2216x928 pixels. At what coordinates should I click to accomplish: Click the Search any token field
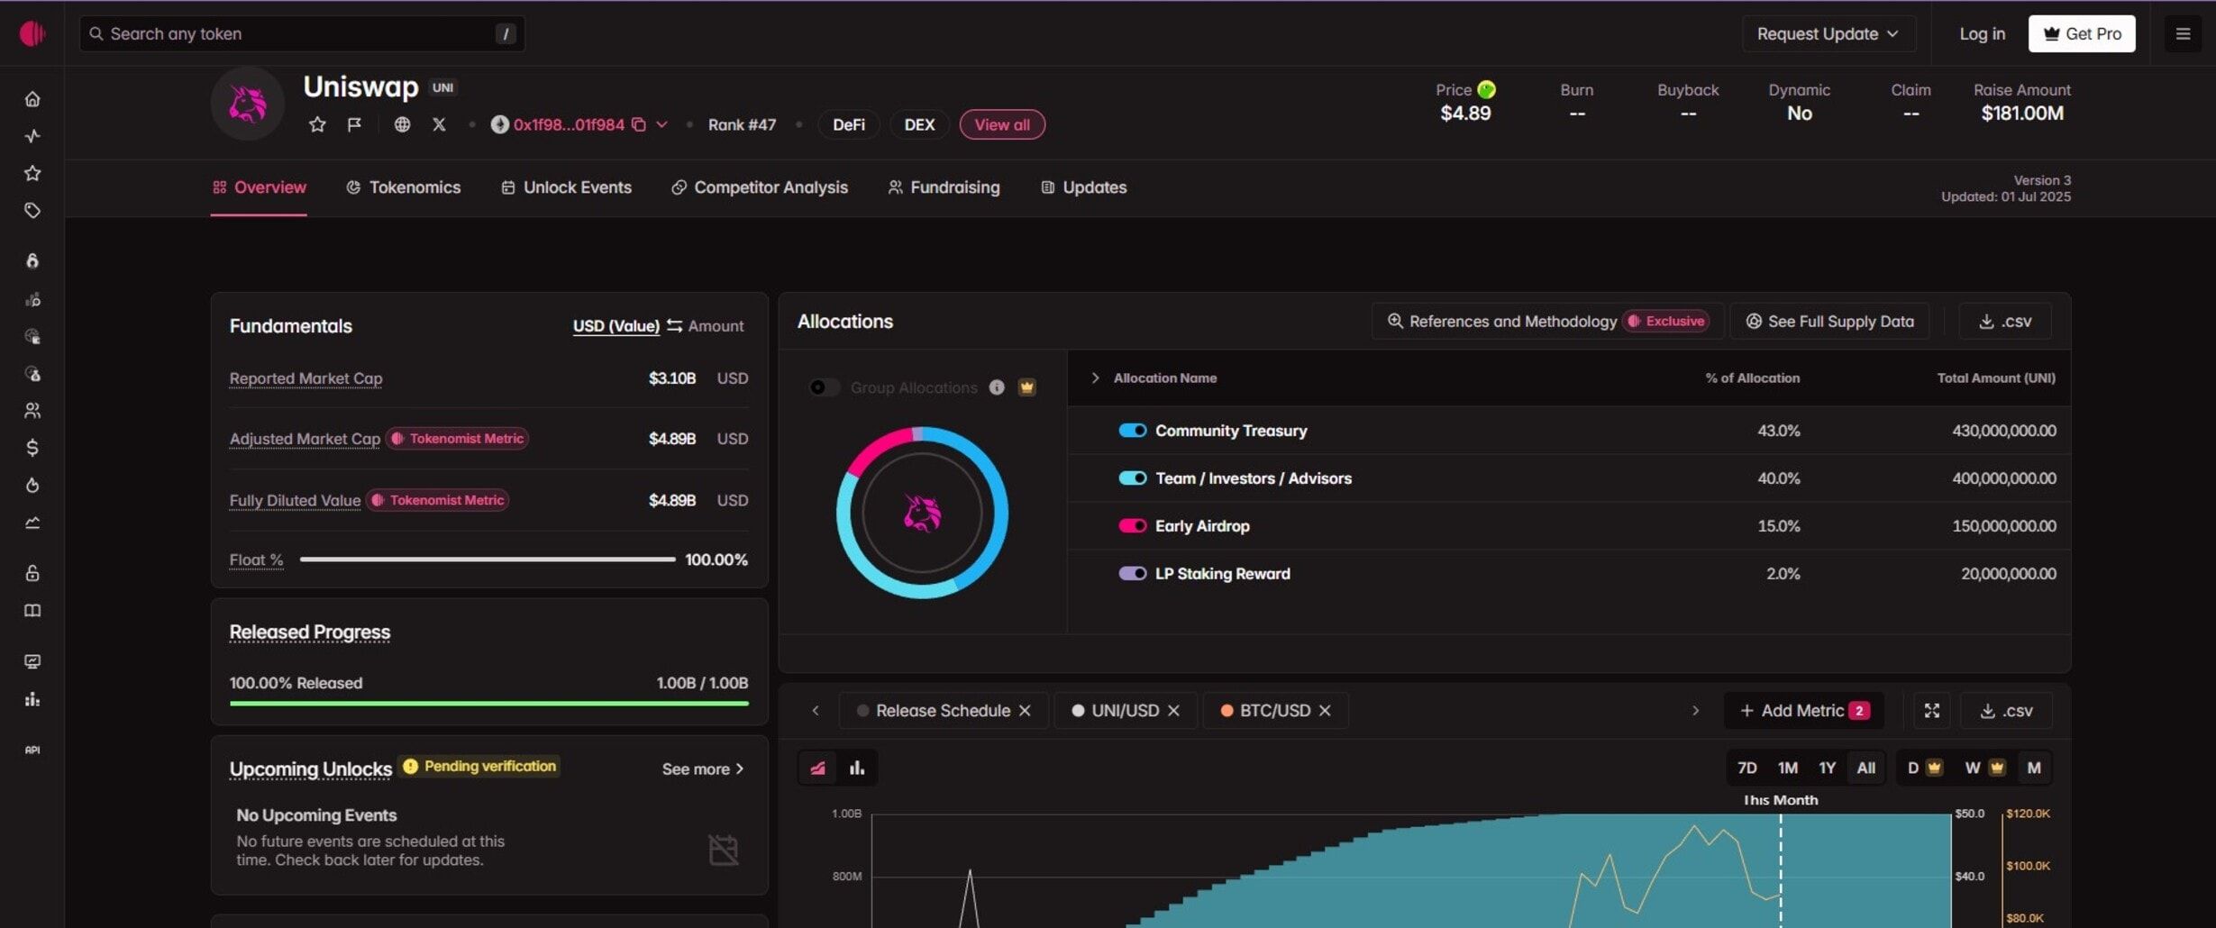point(302,33)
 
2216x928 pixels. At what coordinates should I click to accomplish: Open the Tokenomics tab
point(404,187)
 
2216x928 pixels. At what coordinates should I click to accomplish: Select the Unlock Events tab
point(567,187)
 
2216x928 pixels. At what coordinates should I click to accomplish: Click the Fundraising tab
point(944,187)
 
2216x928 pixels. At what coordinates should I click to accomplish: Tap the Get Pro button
point(2082,33)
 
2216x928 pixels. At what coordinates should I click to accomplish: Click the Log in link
point(1982,33)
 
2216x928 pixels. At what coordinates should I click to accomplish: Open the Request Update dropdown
point(1828,33)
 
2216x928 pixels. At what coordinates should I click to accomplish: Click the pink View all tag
point(1002,124)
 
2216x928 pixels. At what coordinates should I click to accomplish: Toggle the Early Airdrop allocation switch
point(1133,526)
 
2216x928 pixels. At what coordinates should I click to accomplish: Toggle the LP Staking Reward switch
point(1133,574)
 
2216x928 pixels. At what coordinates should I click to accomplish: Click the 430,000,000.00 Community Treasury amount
point(2004,431)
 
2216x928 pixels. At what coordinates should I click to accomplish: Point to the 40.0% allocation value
point(1779,478)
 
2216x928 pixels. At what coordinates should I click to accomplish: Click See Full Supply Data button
point(1830,322)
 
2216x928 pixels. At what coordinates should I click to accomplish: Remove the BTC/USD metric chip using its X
point(1325,711)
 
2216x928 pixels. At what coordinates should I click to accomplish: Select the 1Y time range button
point(1827,768)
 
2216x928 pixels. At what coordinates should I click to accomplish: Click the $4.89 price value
point(1465,114)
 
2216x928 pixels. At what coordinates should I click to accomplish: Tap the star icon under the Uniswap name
point(317,124)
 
